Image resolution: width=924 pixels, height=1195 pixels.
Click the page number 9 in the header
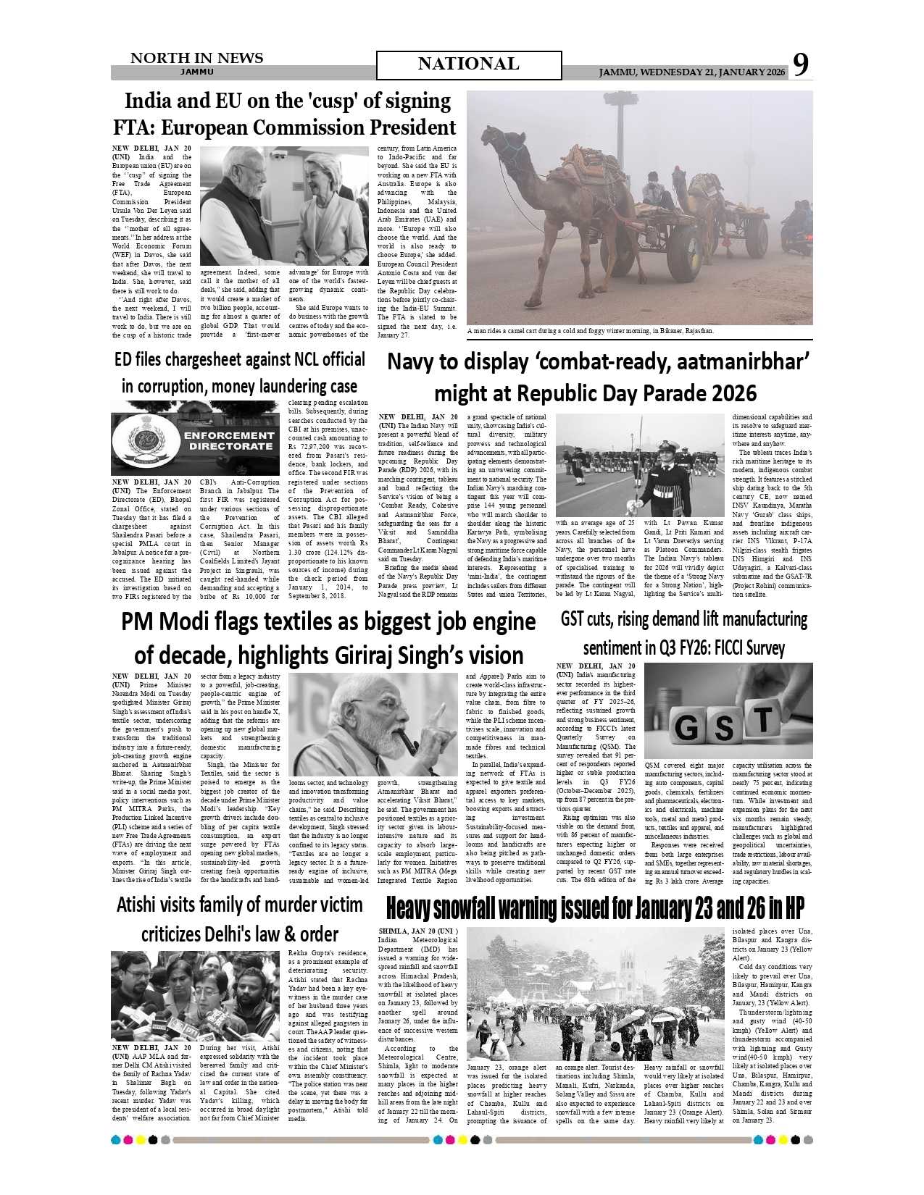coord(800,65)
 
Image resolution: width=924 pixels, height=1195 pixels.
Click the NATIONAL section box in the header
coord(468,65)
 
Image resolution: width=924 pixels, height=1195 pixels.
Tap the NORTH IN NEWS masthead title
coord(196,59)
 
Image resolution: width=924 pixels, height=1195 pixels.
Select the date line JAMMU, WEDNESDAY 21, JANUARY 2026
coord(691,72)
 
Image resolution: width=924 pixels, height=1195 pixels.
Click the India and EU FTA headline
coord(285,114)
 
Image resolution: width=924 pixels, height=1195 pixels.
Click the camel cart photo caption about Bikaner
coord(590,331)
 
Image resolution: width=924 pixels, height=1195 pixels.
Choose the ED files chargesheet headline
coord(239,373)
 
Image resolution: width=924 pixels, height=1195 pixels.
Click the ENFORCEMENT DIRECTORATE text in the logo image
coord(228,441)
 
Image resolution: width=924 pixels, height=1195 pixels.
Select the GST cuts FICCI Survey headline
coord(683,633)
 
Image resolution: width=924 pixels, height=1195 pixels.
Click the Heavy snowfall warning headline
coord(595,908)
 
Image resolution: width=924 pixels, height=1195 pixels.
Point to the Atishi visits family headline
coord(239,919)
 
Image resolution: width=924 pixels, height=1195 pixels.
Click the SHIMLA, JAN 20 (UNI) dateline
coord(418,931)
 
